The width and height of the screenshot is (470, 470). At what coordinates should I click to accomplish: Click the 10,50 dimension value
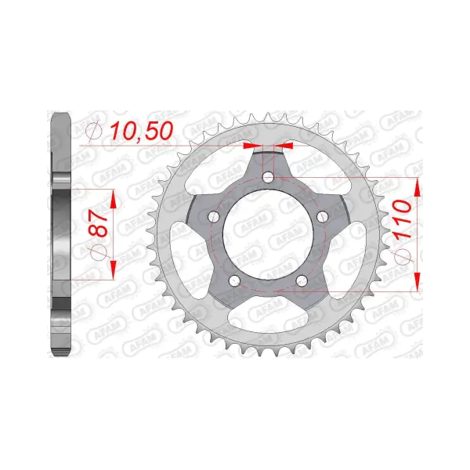[x=142, y=131]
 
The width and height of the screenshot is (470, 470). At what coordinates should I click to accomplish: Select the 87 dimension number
[x=98, y=223]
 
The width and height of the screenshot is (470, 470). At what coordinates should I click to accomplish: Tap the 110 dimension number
[x=403, y=220]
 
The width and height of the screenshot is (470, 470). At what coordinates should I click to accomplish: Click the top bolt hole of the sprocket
[x=268, y=178]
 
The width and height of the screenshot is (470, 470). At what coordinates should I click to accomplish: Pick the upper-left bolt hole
[x=214, y=216]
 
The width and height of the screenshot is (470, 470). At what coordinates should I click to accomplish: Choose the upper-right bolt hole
[x=323, y=217]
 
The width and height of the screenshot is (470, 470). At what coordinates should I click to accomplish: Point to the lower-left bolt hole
[x=234, y=280]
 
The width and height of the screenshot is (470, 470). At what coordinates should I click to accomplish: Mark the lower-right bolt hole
[x=302, y=280]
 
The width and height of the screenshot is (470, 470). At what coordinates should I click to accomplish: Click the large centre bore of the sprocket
[x=268, y=235]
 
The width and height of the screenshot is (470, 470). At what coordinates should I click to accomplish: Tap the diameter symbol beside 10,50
[x=94, y=131]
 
